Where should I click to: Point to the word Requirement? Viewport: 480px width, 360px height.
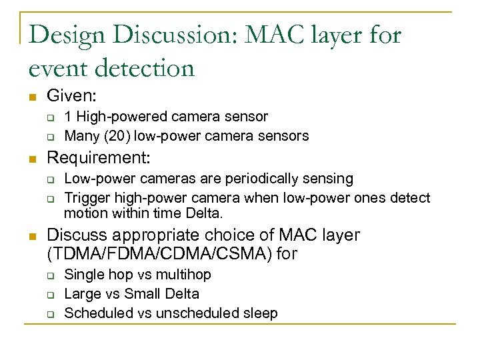click(99, 159)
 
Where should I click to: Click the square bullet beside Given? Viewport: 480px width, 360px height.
click(31, 98)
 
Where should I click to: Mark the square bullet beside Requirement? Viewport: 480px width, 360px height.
click(31, 159)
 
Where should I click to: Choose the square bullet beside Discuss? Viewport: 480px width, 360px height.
click(31, 236)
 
